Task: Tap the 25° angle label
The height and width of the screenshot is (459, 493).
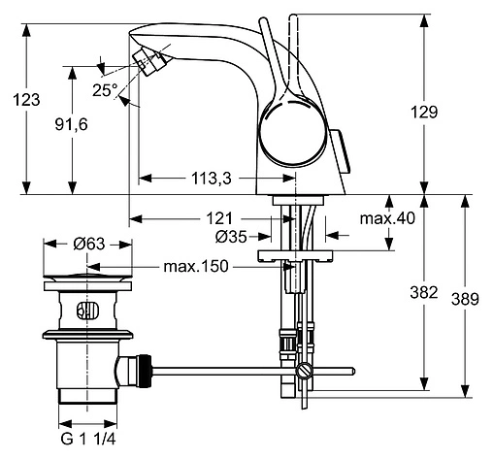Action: [x=104, y=89]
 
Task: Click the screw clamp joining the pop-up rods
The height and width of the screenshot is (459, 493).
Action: [x=304, y=369]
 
